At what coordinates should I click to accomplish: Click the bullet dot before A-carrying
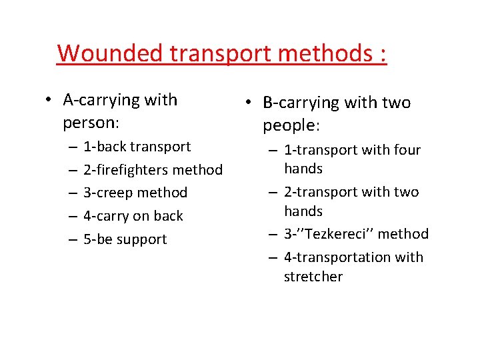tap(49, 101)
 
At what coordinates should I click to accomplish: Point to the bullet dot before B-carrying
tap(247, 103)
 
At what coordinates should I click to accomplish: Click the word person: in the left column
tap(91, 123)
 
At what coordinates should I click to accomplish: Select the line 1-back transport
tap(137, 147)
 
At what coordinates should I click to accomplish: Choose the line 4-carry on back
tap(133, 216)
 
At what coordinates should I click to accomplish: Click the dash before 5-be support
tap(71, 239)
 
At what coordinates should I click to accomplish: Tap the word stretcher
tap(313, 277)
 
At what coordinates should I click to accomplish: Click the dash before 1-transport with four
tap(272, 151)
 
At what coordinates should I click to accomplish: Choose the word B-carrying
tap(301, 103)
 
